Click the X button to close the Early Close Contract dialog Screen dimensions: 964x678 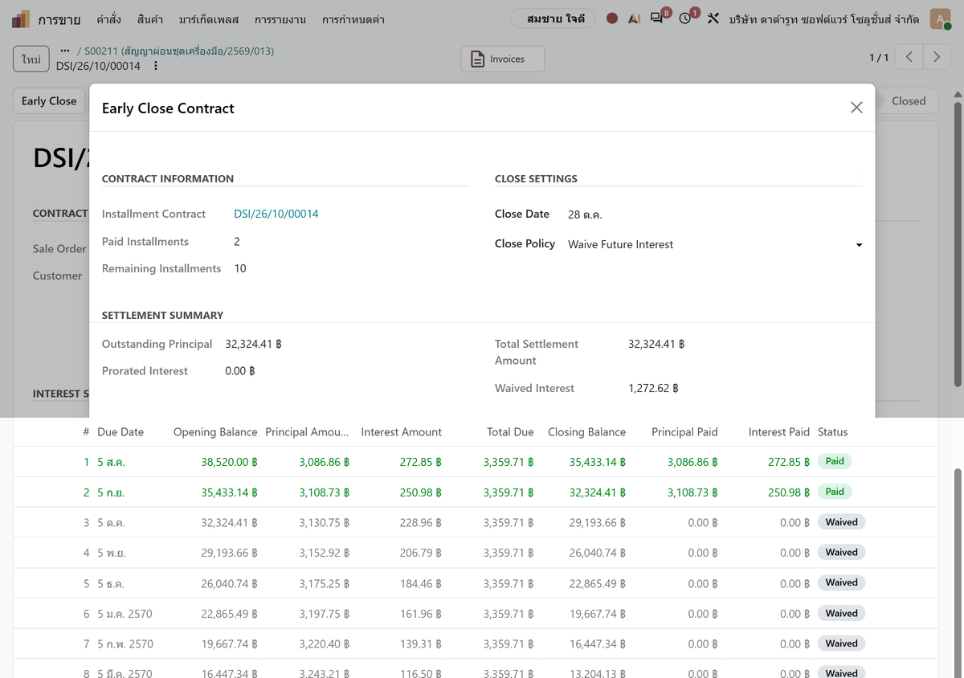coord(856,107)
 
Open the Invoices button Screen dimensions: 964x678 coord(502,59)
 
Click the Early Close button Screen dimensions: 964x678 coord(49,100)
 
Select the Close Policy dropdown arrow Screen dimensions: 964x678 coord(859,244)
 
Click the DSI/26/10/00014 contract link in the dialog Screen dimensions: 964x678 coord(276,214)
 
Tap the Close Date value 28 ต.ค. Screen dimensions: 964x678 coord(585,214)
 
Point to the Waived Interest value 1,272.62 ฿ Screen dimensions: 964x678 coord(653,388)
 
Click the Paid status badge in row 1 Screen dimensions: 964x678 coord(834,461)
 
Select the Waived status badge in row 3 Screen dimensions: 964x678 coord(841,521)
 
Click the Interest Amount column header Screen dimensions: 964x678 coord(401,431)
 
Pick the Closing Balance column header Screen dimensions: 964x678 coord(586,431)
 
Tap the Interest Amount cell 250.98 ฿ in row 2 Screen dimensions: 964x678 coord(420,492)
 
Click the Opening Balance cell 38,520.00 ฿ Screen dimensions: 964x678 coord(229,462)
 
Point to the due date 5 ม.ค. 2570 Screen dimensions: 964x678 coord(125,614)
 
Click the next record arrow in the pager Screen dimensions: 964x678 coord(937,57)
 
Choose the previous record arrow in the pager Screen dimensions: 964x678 coord(909,57)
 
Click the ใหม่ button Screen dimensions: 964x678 coord(31,59)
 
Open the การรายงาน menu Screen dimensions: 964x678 coord(280,19)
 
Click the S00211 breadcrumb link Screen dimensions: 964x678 coord(179,51)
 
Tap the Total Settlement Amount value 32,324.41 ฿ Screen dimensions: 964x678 coord(656,344)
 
